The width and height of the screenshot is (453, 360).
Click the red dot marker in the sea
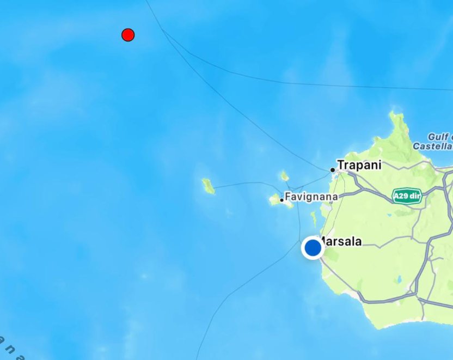point(128,35)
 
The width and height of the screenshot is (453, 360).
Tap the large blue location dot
point(313,248)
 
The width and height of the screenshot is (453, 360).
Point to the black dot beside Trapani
point(333,170)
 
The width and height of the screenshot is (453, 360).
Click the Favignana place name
point(311,196)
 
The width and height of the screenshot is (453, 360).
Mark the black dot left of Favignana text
point(281,200)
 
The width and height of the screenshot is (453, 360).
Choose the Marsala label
point(340,241)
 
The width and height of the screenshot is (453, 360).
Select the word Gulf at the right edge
point(439,137)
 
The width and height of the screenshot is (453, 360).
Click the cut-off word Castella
point(432,146)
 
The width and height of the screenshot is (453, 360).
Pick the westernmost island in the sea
point(207,186)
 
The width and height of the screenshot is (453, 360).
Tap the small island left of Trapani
point(284,176)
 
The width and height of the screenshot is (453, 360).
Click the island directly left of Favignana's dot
point(274,200)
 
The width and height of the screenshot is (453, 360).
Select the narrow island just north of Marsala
point(314,219)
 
